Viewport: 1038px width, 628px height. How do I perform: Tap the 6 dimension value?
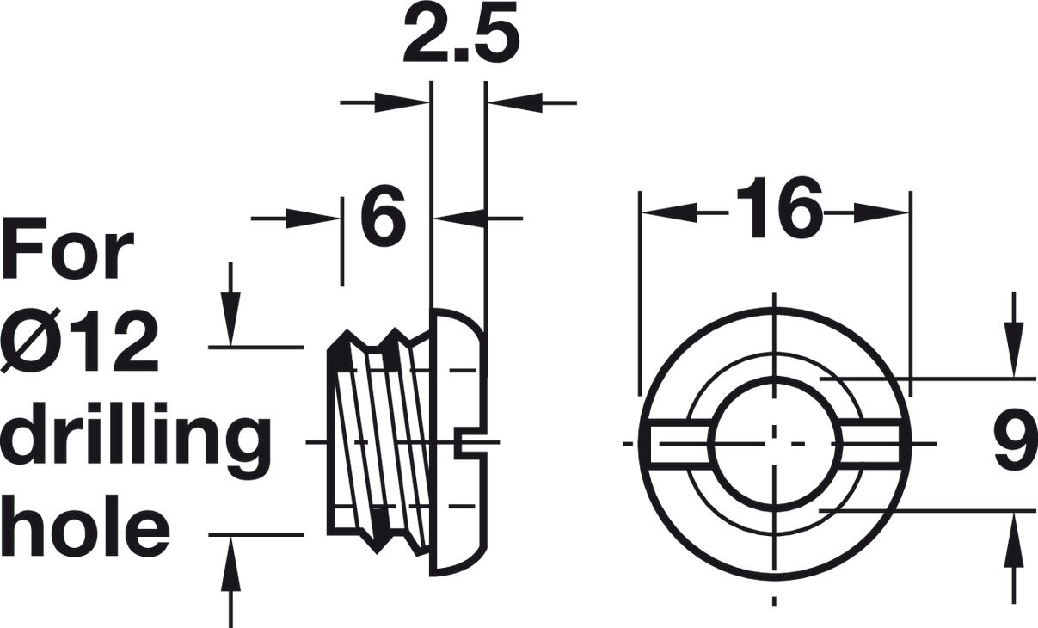pos(384,215)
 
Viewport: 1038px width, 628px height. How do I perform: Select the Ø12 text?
pos(79,340)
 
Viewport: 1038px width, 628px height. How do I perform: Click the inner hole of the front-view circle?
pos(775,444)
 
